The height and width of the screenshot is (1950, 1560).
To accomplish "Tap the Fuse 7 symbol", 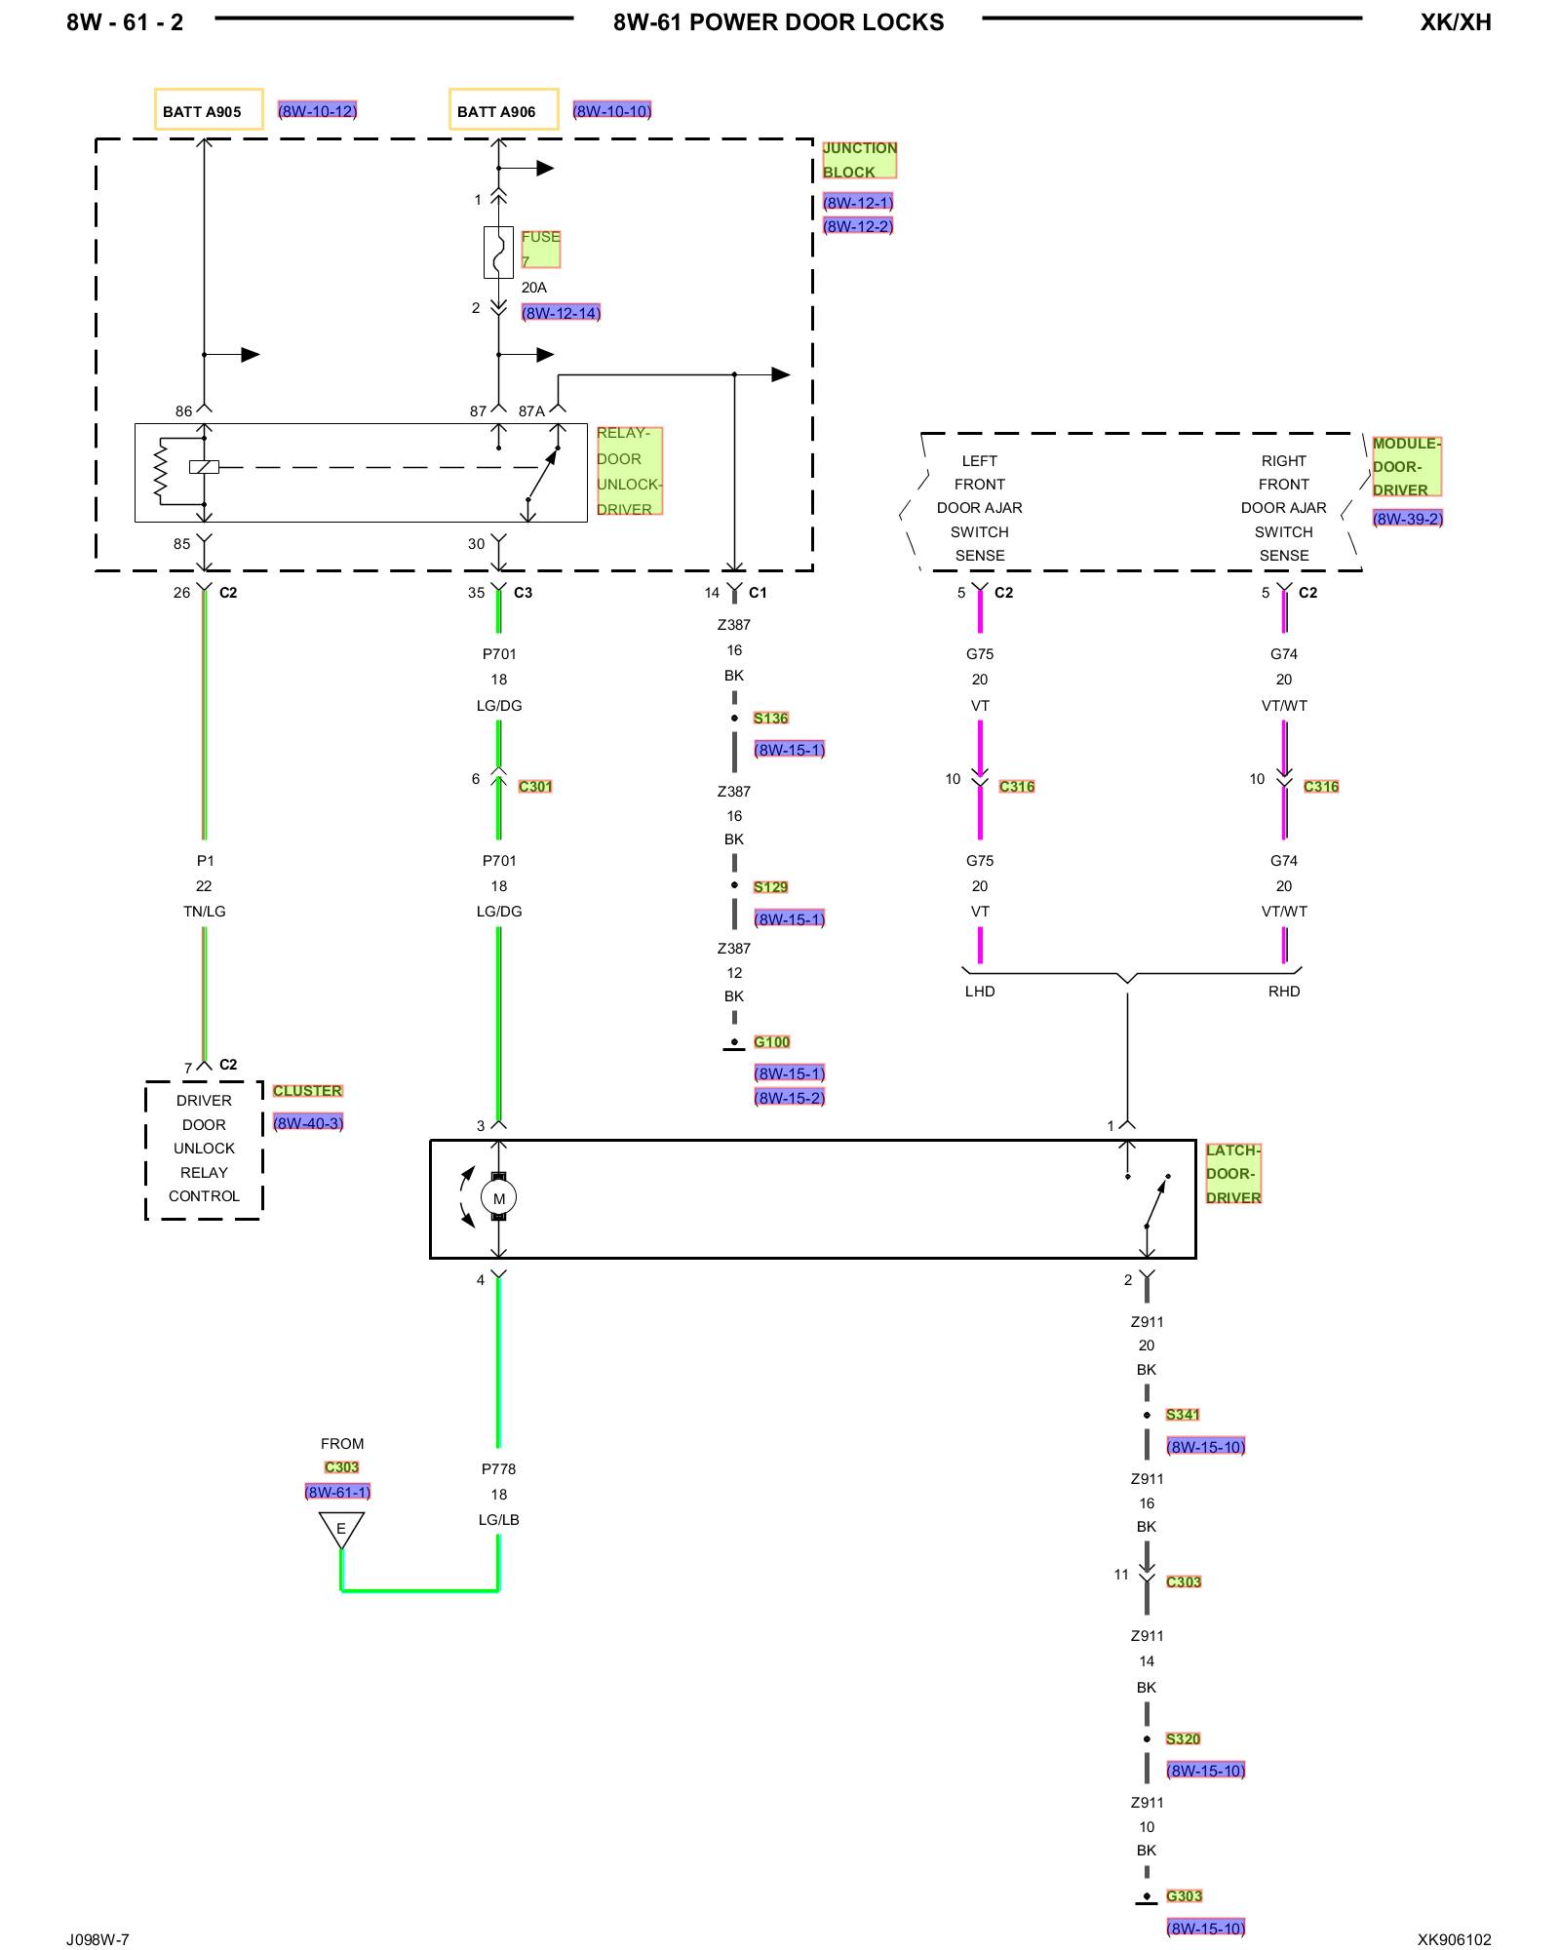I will coord(498,253).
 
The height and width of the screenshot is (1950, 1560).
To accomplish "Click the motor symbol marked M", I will coord(498,1198).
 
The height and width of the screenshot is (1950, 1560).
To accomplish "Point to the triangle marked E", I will coord(341,1528).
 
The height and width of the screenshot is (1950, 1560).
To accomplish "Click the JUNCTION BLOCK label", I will coord(858,160).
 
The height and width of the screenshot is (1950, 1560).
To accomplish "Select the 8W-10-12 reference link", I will coord(318,111).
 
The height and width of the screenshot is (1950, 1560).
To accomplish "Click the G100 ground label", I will coord(771,1042).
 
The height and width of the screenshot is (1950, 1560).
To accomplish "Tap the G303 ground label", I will coord(1184,1896).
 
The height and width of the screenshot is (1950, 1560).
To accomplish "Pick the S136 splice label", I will coord(770,719).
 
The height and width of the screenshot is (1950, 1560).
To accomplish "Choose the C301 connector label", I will coord(535,787).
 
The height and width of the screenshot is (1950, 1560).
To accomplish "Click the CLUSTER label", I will coord(307,1091).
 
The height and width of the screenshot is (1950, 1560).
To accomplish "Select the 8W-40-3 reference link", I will coord(308,1123).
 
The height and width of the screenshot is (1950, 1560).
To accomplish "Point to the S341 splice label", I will coord(1183,1415).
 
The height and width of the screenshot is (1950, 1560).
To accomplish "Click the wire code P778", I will coord(498,1469).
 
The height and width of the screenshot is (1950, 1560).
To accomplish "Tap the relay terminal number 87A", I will coord(531,411).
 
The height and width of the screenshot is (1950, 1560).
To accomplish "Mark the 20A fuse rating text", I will coord(534,288).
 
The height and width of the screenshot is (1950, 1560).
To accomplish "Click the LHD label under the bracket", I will coord(980,992).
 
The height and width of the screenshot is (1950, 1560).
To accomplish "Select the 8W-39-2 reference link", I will coord(1407,519).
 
